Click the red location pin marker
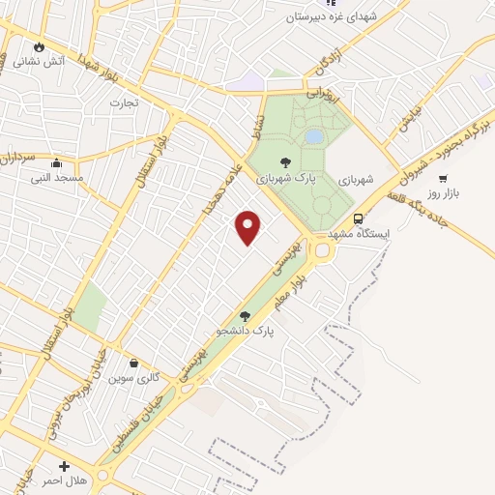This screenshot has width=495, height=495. click(249, 226)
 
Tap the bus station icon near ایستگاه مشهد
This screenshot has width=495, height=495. click(359, 218)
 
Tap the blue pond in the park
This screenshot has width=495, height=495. click(314, 136)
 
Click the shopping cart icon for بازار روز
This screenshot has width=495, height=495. click(443, 178)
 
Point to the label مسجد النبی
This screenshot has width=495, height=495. click(56, 179)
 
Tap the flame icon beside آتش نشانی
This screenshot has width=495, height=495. click(39, 46)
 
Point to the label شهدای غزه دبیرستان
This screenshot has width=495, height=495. click(336, 17)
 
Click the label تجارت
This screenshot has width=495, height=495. click(124, 102)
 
